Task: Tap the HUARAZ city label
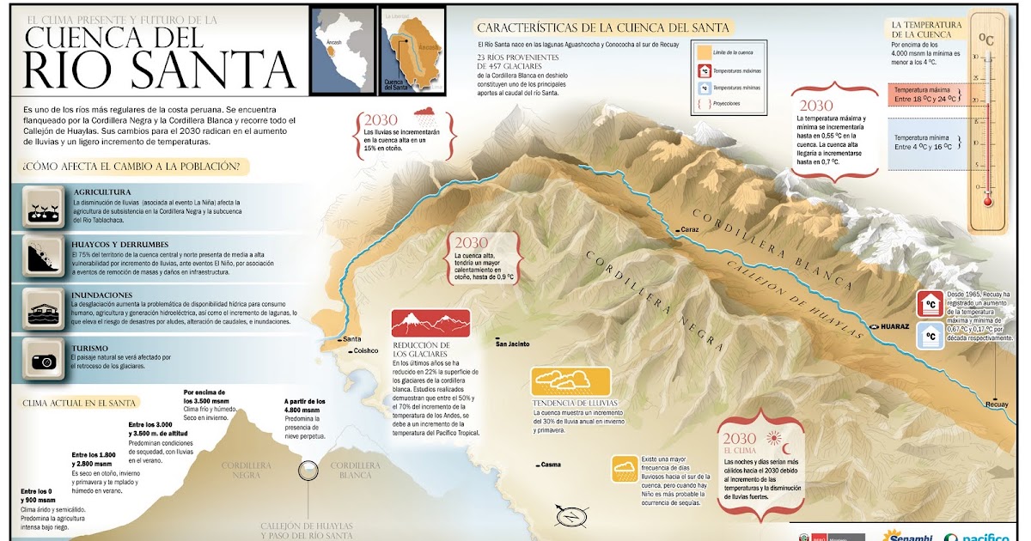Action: pyautogui.click(x=891, y=327)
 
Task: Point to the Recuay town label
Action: pyautogui.click(x=997, y=404)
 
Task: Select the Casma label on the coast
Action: pyautogui.click(x=550, y=465)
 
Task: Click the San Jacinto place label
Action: pyautogui.click(x=513, y=344)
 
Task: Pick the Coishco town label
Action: pyautogui.click(x=365, y=350)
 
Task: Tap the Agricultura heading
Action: pyautogui.click(x=101, y=191)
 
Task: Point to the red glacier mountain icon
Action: pyautogui.click(x=430, y=323)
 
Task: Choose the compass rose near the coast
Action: pyautogui.click(x=570, y=516)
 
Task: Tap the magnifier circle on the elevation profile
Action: pyautogui.click(x=308, y=471)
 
